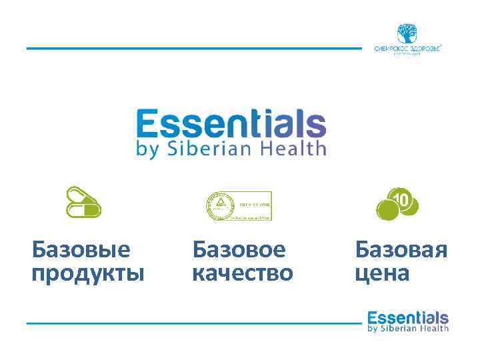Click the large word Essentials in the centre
pos(231,125)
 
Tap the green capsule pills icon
pos(84,203)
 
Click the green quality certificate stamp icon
pos(238,206)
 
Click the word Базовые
pos(81,250)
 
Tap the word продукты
pos(87,273)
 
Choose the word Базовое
pos(239,250)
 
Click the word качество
pos(242,273)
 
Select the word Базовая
pos(401,250)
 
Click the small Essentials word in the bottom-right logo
pos(408,317)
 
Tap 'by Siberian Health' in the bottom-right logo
pos(408,328)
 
